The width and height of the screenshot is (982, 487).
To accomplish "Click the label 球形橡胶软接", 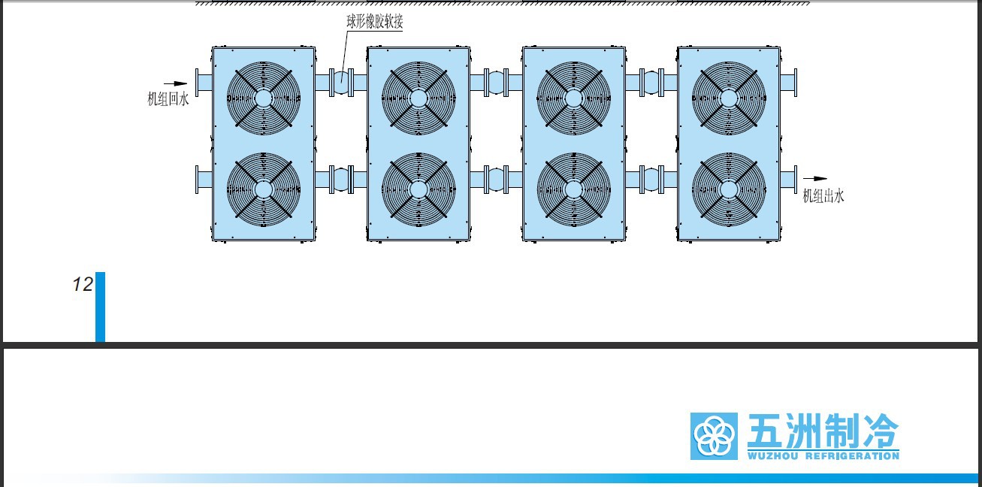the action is click(x=374, y=22).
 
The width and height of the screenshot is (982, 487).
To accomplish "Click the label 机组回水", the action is click(x=168, y=99).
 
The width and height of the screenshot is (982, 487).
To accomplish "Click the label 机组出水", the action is click(x=823, y=195).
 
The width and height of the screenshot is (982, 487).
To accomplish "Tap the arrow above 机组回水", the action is click(x=175, y=83).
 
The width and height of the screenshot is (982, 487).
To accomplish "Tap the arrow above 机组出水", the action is click(x=815, y=178).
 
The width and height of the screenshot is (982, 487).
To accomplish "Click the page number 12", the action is click(x=83, y=284).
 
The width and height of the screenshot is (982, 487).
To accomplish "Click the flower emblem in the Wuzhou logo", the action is click(x=714, y=436).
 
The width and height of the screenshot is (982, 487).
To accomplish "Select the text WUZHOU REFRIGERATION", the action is click(x=823, y=456).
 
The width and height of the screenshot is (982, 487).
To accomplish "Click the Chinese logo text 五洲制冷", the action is click(x=823, y=431).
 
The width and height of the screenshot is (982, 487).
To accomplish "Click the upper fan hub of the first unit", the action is click(x=264, y=98).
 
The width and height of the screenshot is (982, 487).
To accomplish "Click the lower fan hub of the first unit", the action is click(x=264, y=189).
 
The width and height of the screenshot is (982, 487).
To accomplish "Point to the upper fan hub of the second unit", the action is click(x=418, y=98).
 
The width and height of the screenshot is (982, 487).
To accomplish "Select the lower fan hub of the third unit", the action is click(x=573, y=189).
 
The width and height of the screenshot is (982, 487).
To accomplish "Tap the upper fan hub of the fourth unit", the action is click(x=729, y=98).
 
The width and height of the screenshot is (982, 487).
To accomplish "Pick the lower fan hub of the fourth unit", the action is click(x=729, y=189).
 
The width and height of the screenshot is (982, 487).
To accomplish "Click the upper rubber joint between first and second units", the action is click(x=341, y=83).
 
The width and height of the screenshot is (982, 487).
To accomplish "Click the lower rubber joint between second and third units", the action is click(x=497, y=180).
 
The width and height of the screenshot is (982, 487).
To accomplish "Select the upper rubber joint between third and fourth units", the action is click(x=651, y=83).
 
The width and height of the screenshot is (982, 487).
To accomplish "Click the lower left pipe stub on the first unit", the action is click(x=204, y=180).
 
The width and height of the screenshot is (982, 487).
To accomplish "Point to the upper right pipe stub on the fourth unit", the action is click(x=789, y=83).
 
